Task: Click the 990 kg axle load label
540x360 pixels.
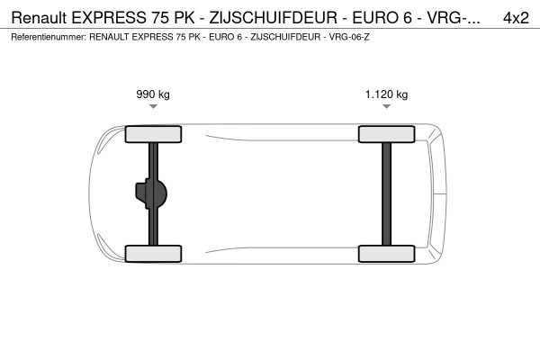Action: (154, 94)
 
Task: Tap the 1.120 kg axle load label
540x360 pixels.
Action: (386, 94)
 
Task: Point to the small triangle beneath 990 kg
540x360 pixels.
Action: (154, 106)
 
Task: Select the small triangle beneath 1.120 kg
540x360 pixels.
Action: (386, 106)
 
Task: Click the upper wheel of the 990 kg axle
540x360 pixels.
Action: (154, 135)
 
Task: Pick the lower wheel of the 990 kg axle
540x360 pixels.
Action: (154, 253)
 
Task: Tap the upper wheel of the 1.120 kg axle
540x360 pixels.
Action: (387, 135)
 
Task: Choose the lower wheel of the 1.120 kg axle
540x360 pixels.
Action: (387, 253)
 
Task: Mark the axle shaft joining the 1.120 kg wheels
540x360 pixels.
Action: (387, 193)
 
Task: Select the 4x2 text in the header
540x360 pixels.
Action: (515, 17)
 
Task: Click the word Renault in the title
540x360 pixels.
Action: (39, 17)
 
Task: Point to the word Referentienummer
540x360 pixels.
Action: (47, 38)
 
